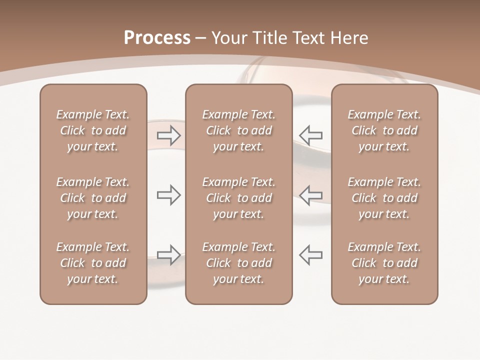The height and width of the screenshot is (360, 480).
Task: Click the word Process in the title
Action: point(157,38)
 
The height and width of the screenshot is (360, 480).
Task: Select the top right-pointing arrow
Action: point(168,135)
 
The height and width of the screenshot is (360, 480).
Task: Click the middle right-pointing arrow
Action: point(168,195)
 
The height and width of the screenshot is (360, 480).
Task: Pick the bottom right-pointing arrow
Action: point(168,254)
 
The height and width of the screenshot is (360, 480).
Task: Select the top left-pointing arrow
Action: point(310,135)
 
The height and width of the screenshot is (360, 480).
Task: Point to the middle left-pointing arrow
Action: point(310,195)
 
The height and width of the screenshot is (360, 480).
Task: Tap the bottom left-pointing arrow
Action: point(310,254)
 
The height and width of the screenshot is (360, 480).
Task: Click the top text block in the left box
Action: point(93,130)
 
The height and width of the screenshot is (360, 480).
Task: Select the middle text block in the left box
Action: point(93,198)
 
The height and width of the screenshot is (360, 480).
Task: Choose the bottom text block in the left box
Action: point(93,263)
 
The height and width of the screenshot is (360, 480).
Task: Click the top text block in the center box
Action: point(238,130)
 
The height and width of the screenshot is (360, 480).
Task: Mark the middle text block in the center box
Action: point(238,198)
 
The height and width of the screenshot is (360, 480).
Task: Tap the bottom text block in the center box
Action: point(238,263)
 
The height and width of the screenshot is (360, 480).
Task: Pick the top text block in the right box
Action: point(384,130)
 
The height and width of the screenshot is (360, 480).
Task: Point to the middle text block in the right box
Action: point(384,198)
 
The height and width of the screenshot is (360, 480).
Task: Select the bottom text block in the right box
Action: point(384,263)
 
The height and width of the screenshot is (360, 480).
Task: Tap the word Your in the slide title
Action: point(228,38)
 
